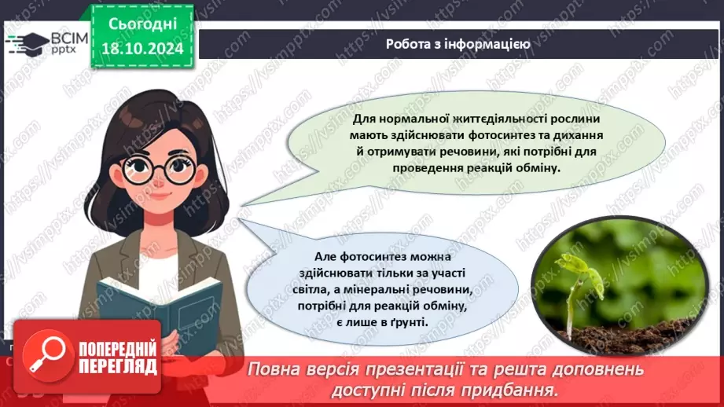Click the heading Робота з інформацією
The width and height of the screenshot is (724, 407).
point(458,44)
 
